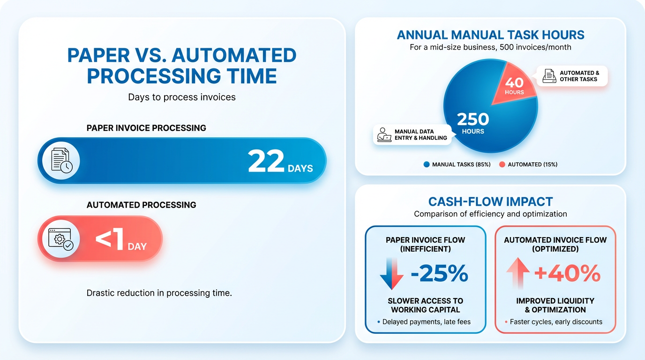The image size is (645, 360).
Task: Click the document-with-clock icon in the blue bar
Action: pyautogui.click(x=61, y=161)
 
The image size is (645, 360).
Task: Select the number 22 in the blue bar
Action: pyautogui.click(x=266, y=161)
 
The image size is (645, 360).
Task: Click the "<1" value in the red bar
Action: pyautogui.click(x=109, y=240)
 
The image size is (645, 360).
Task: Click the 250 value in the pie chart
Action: pyautogui.click(x=472, y=119)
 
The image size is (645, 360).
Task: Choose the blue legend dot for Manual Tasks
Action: pyautogui.click(x=426, y=165)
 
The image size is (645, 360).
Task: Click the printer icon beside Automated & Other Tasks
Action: pyautogui.click(x=548, y=76)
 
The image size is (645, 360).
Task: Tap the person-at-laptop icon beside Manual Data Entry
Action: pyautogui.click(x=384, y=135)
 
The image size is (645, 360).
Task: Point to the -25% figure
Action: pyautogui.click(x=439, y=273)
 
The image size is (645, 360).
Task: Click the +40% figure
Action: pyautogui.click(x=567, y=273)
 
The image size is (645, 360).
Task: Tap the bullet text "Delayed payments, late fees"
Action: pyautogui.click(x=426, y=322)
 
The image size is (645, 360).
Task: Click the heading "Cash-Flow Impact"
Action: pyautogui.click(x=490, y=202)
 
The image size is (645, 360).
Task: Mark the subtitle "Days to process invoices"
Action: pyautogui.click(x=182, y=97)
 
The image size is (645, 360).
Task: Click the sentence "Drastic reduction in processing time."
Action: pyautogui.click(x=159, y=293)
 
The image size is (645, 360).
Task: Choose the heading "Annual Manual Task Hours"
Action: pyautogui.click(x=490, y=35)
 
